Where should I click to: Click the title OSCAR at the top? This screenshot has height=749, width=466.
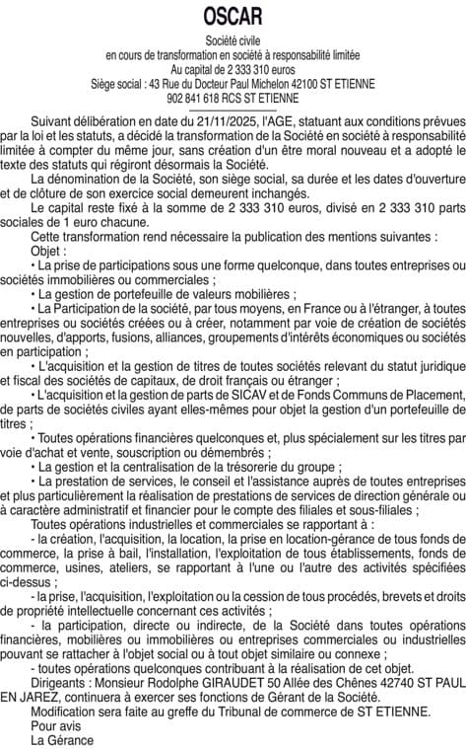coord(233,17)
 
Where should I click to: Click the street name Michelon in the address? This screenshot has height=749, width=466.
coord(286,85)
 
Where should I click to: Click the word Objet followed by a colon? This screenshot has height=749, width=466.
coord(48,252)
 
